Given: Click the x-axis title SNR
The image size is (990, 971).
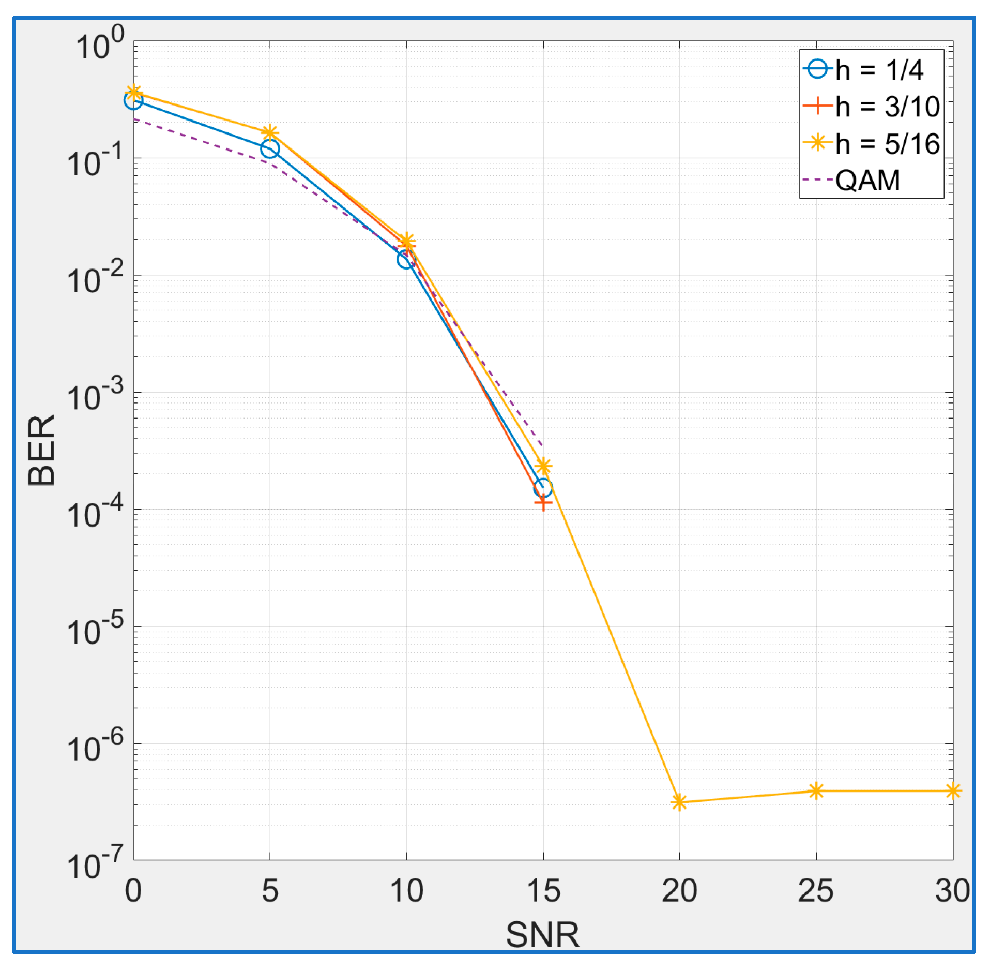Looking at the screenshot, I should (542, 935).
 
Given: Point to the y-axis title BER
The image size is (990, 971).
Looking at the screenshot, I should (41, 450).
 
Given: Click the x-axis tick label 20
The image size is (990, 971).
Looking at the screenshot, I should (679, 890).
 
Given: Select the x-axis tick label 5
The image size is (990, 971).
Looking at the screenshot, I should (270, 890).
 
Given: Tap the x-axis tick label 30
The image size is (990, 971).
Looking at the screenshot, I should (952, 890).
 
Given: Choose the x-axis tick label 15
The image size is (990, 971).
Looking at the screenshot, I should (543, 890).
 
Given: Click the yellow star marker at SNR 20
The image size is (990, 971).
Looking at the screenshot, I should (679, 802).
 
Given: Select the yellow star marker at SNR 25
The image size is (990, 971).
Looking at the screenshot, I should (816, 791).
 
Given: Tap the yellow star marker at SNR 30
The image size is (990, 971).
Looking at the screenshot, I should (953, 791).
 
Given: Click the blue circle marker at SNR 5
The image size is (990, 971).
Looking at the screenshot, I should (270, 149).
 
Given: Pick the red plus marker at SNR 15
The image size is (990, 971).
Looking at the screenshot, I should (543, 502).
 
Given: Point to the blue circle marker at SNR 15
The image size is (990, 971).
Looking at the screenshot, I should (543, 487).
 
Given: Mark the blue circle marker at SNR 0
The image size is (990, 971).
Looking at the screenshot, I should (133, 101).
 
